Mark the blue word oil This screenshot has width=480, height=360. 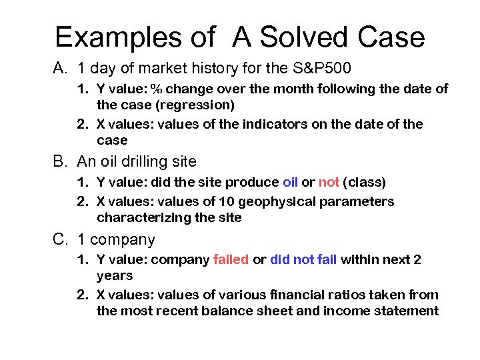pyautogui.click(x=290, y=182)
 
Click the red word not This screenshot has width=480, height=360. pyautogui.click(x=329, y=182)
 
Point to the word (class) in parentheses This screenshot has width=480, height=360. pyautogui.click(x=365, y=182)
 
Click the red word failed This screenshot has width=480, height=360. pyautogui.click(x=231, y=259)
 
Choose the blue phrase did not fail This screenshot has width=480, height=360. pyautogui.click(x=303, y=259)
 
